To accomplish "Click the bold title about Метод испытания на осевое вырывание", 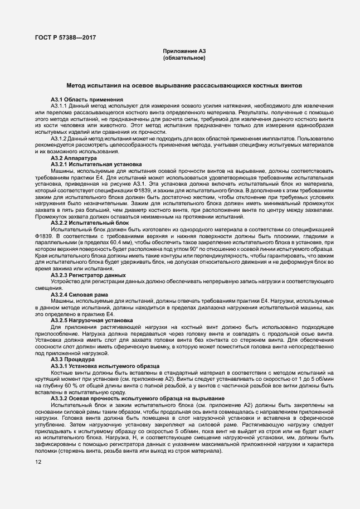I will (x=184, y=86).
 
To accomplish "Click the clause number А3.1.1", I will (x=59, y=105).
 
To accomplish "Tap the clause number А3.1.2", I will (x=59, y=138).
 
